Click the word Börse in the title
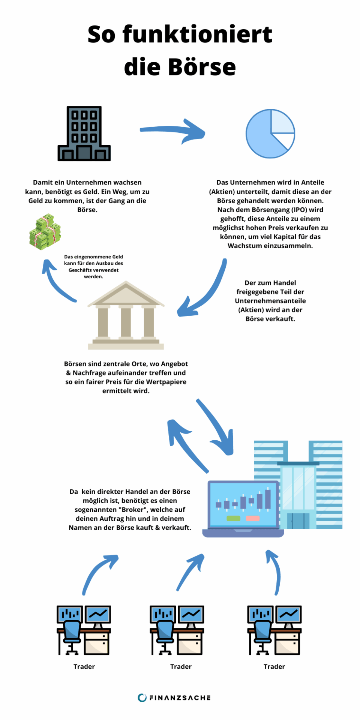202,67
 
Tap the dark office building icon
84,134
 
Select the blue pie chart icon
270,133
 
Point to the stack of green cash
45,232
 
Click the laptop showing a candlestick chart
243,508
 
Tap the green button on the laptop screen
233,518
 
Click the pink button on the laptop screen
252,518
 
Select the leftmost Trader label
84,666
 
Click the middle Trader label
181,666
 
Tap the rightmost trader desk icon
274,630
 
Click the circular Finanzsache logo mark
142,697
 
